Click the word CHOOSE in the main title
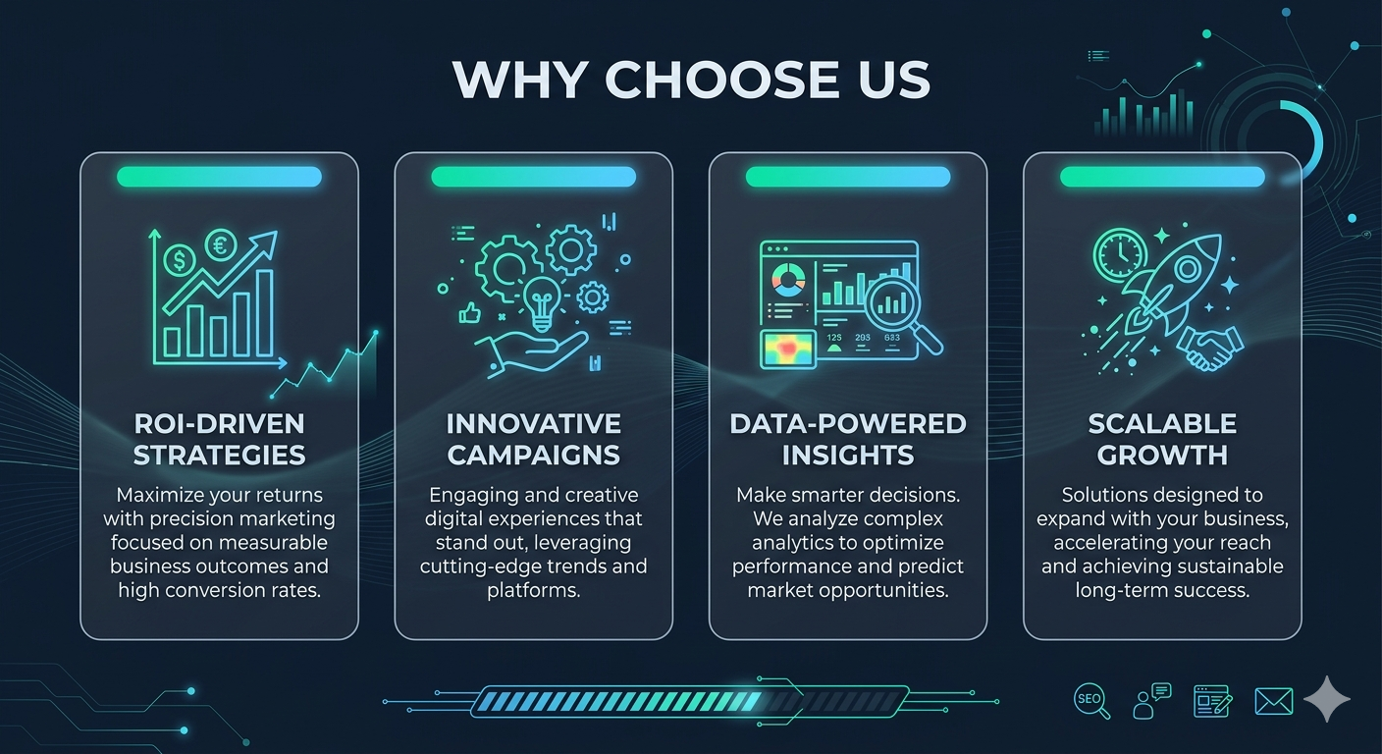[721, 80]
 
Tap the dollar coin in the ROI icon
[180, 259]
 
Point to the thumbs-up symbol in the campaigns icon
[469, 313]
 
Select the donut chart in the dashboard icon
[788, 280]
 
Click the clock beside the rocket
[1120, 254]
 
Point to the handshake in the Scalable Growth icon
[1210, 349]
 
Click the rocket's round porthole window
[1187, 269]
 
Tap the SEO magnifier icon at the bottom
[1091, 701]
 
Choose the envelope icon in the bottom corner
[1273, 702]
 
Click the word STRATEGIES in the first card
[220, 456]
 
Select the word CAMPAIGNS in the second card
[534, 456]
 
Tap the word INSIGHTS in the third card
[848, 456]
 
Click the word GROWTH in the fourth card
[1162, 456]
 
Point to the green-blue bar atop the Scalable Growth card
[1162, 177]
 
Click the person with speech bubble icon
[1152, 701]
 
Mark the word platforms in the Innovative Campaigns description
[534, 590]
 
